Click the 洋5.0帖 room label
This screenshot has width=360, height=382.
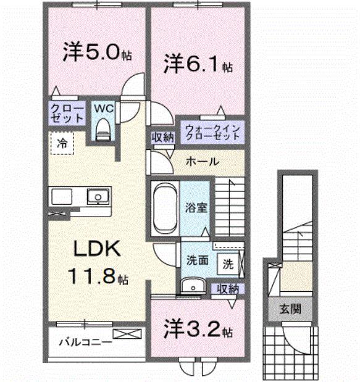coord(96,52)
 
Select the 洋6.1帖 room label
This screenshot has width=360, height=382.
coord(198,63)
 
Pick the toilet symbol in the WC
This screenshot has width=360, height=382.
coord(103,129)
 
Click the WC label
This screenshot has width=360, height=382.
coord(103,108)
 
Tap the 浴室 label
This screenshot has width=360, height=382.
coord(197,207)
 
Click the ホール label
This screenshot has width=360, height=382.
coord(201,162)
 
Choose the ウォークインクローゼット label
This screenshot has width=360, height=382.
coord(212,131)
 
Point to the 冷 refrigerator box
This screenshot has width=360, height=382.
coord(62,143)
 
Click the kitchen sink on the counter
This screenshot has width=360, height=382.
coord(97,197)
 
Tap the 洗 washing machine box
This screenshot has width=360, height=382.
coord(228,264)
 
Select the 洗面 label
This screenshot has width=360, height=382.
coord(196,261)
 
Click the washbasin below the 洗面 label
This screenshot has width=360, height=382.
coord(193,285)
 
